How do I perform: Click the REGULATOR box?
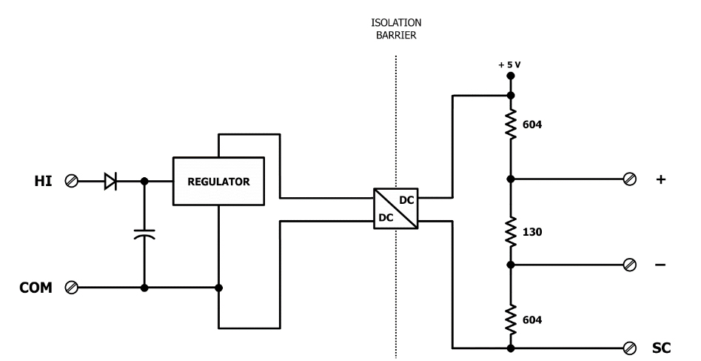(x=218, y=181)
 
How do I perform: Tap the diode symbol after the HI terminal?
(x=111, y=180)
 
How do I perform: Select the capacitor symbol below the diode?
(x=144, y=234)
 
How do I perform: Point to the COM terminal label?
(x=36, y=287)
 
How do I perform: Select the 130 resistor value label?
(x=532, y=232)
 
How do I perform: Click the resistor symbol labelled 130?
(x=511, y=231)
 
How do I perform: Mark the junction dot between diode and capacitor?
(x=144, y=180)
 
